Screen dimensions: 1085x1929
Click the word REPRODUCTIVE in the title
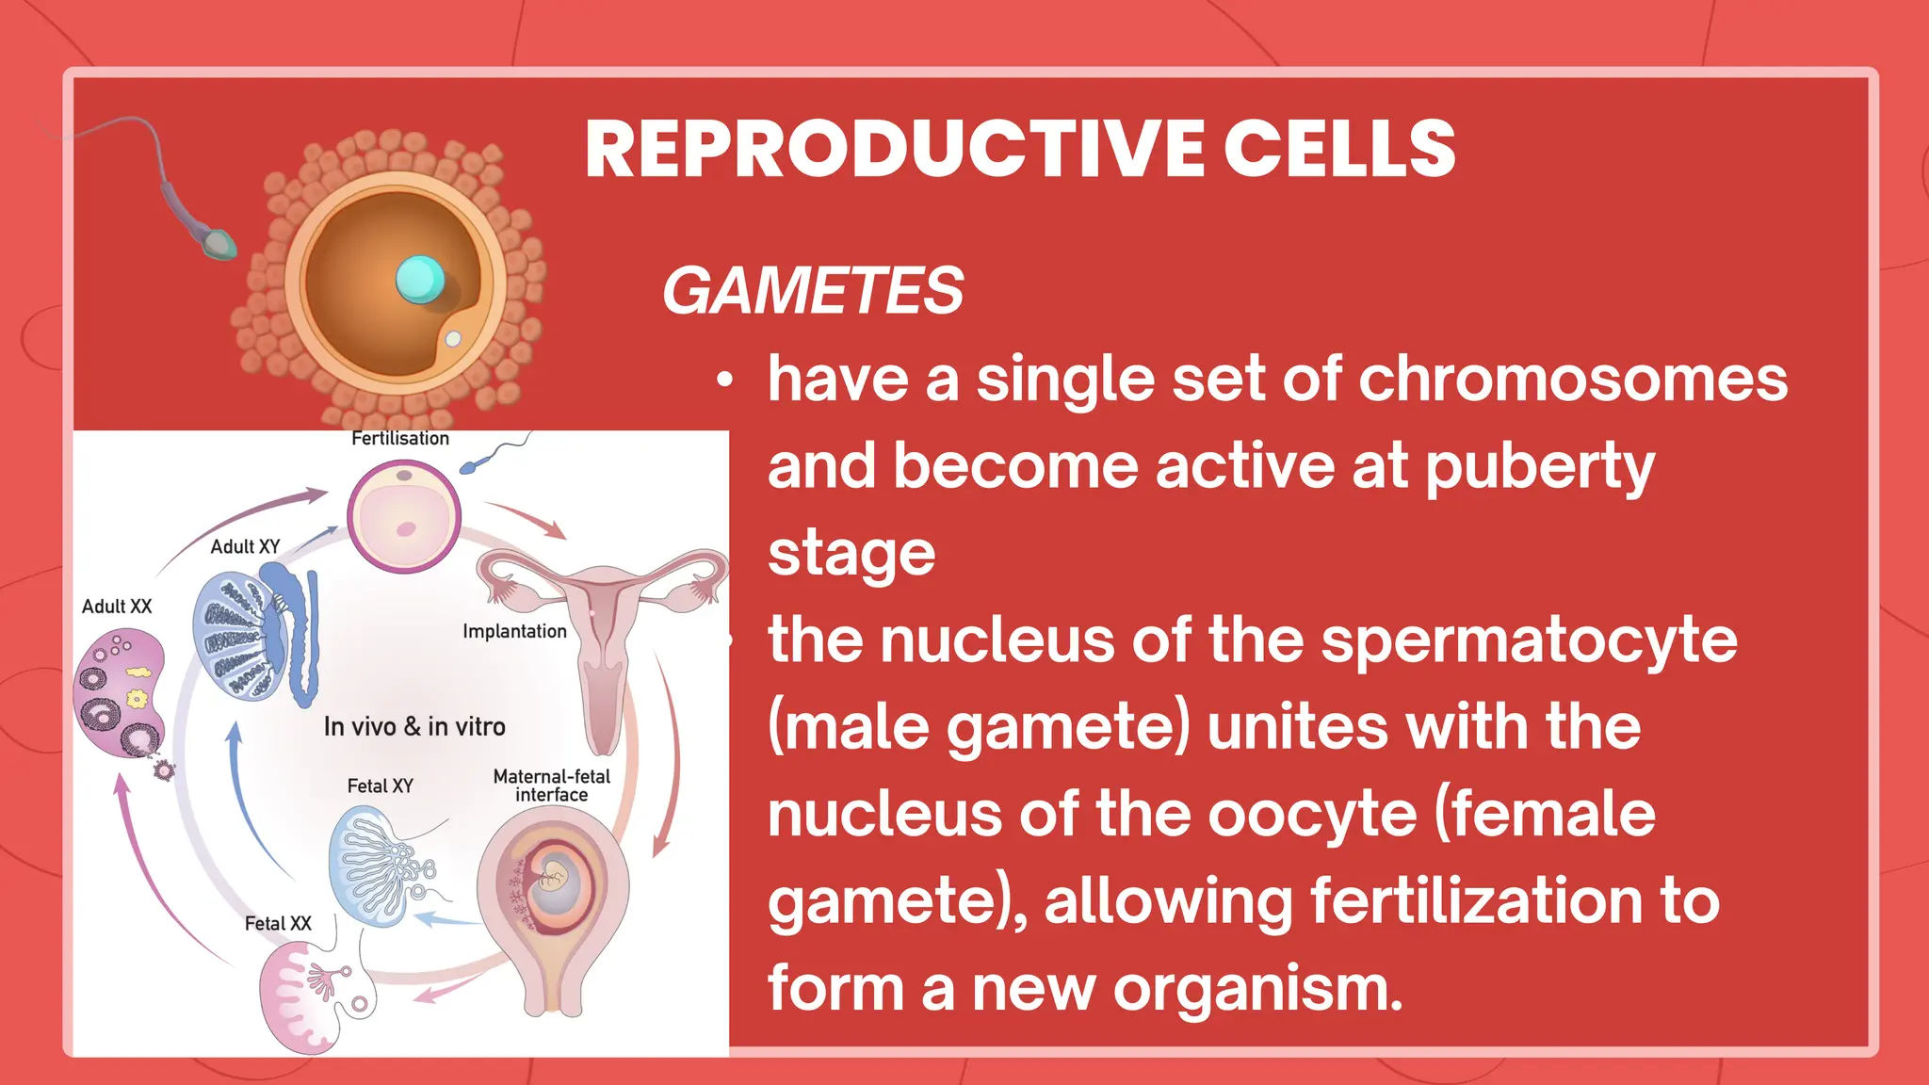tap(891, 149)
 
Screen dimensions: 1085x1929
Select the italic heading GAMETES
tap(813, 290)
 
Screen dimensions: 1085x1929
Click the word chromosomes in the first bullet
tap(1572, 379)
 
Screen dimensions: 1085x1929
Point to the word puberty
tap(1539, 467)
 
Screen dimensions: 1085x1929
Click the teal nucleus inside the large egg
tap(419, 279)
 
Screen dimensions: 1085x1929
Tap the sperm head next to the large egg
tap(220, 244)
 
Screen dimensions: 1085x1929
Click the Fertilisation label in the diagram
tap(400, 439)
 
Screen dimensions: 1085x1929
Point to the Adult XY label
tap(245, 547)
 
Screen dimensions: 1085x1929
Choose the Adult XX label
tap(117, 607)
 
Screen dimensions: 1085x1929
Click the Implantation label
tap(514, 631)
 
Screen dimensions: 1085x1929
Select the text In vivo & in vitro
tap(414, 727)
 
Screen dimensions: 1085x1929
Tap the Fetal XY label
tap(381, 785)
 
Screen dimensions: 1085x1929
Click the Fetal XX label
tap(278, 924)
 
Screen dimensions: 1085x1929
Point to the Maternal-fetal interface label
tap(552, 785)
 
